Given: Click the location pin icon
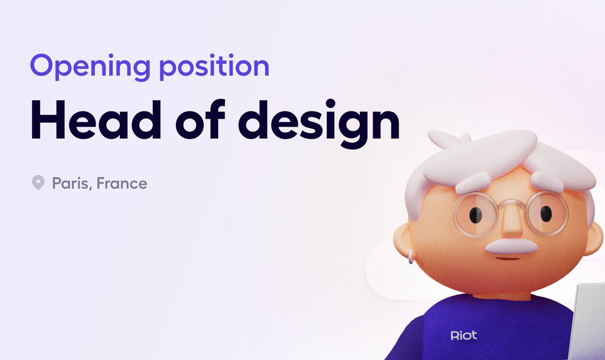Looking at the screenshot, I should point(38,183).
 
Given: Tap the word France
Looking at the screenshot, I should point(122,183).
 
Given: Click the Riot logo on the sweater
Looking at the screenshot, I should point(463,335).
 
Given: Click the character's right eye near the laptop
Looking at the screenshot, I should point(546,214).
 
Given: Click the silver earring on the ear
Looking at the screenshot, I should point(411,259).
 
